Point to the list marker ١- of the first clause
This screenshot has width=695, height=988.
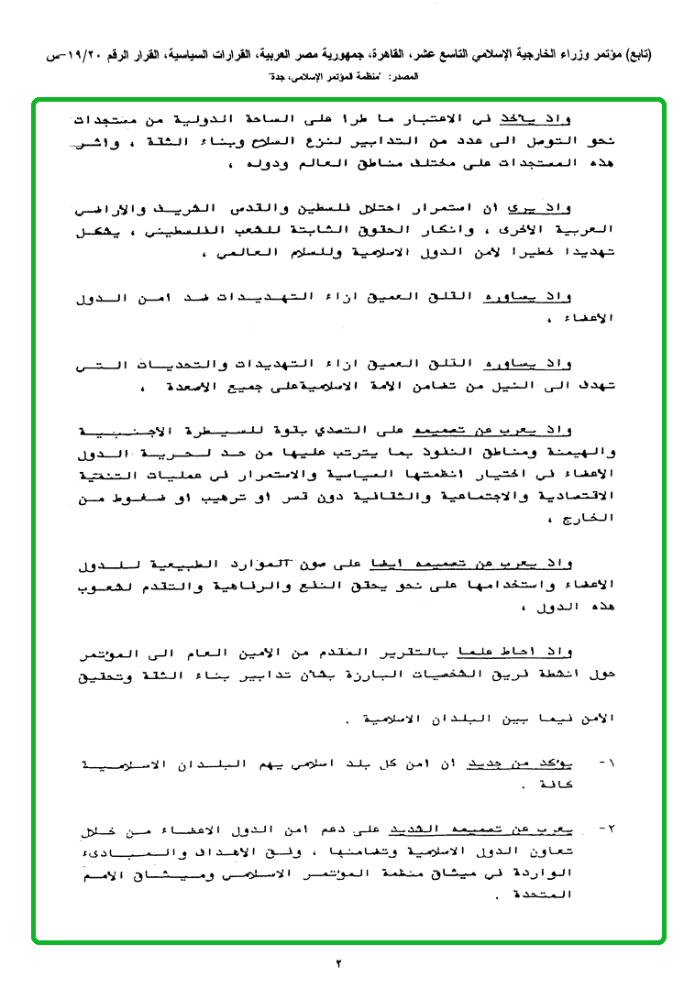coord(609,763)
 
